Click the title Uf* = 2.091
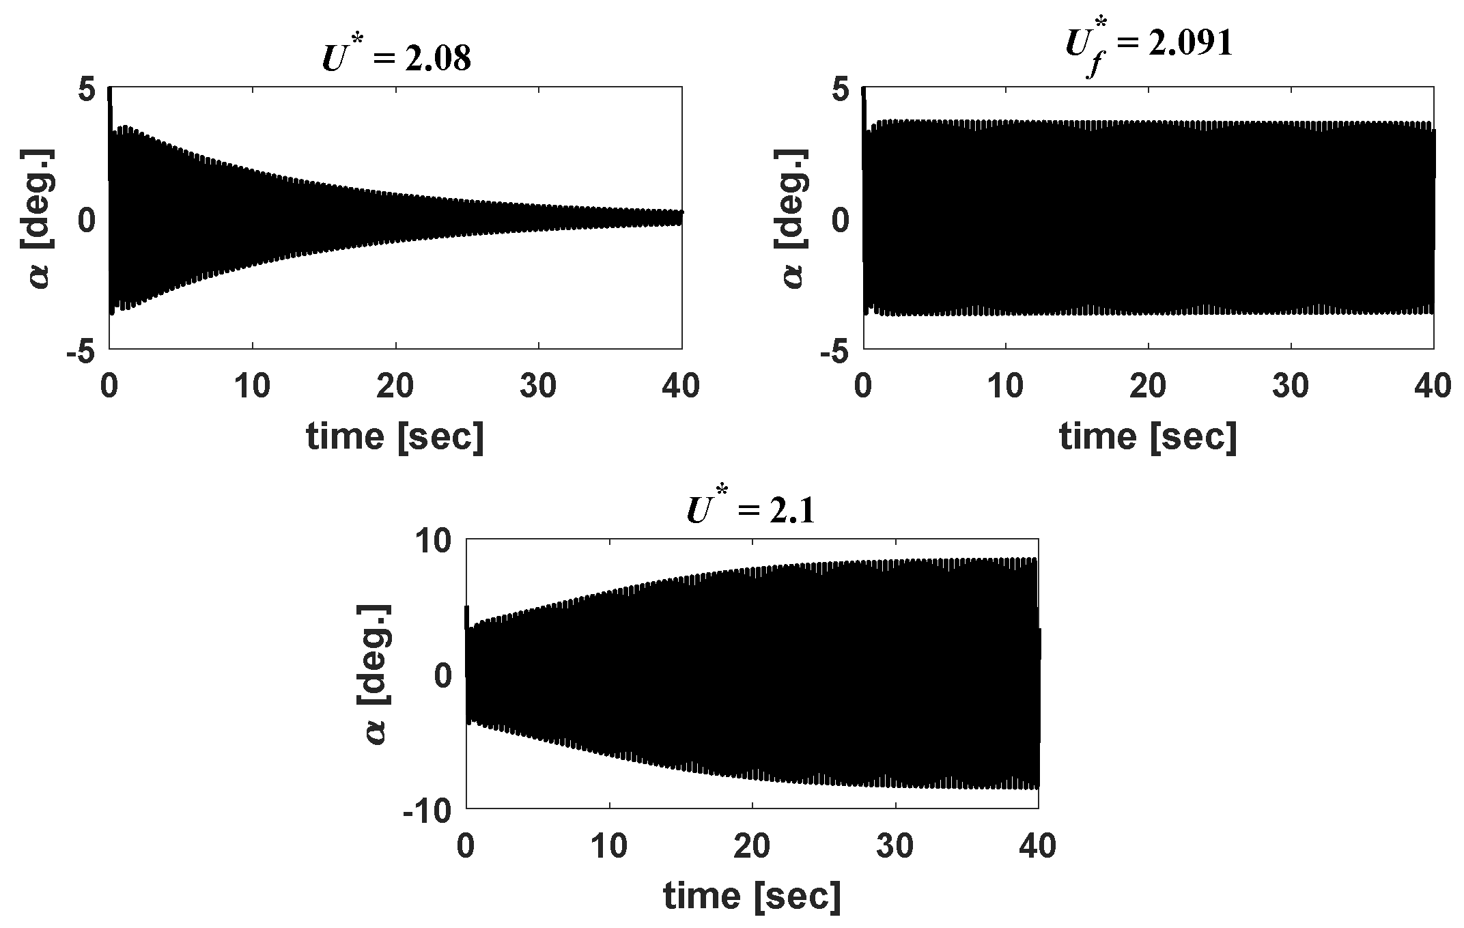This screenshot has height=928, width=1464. click(1149, 45)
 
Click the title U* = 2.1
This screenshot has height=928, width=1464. click(750, 511)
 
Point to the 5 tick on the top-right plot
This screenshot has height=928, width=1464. click(840, 89)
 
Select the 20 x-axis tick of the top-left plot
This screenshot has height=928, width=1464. click(395, 387)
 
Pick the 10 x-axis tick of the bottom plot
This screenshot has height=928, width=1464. click(609, 847)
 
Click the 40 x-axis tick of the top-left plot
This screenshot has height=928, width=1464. click(681, 387)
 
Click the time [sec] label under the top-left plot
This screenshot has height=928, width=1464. click(395, 436)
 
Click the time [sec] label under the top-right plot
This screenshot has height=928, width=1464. click(1148, 436)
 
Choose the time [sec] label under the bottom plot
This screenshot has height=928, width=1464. click(752, 896)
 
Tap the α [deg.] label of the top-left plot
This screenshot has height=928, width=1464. click(41, 219)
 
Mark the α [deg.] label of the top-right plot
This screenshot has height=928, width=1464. click(794, 219)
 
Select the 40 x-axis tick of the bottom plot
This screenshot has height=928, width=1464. click(1038, 847)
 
